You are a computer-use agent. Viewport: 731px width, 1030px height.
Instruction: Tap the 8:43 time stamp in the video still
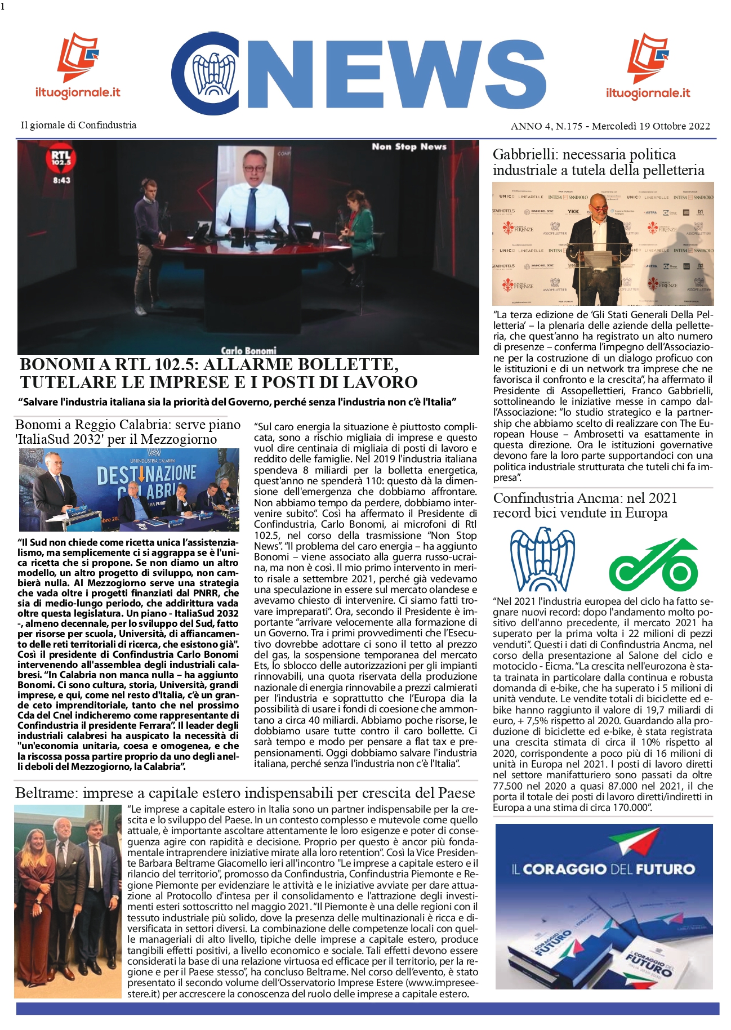(x=61, y=180)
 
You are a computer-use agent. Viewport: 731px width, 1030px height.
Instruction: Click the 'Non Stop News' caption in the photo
(x=409, y=147)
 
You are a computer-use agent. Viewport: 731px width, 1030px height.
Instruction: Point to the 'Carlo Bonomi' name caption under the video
(x=248, y=350)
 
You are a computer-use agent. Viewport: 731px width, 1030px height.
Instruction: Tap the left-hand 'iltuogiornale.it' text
(x=78, y=92)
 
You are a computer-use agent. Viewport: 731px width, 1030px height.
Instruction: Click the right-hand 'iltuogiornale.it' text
(x=648, y=93)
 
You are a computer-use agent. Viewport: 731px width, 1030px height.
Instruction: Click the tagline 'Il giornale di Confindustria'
(x=78, y=125)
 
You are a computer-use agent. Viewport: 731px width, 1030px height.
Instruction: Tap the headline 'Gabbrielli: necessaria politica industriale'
(x=598, y=162)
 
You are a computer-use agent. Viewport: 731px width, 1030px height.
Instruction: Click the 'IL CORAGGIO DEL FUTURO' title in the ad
(x=603, y=869)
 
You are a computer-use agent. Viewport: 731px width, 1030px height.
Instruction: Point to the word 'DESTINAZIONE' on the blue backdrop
(x=147, y=475)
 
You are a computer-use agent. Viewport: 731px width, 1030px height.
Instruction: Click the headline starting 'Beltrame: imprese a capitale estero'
(x=245, y=793)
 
